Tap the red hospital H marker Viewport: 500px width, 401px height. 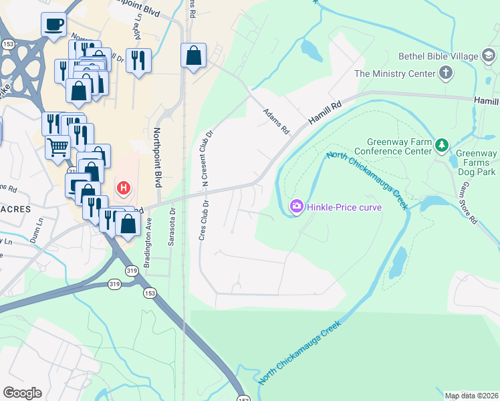click(x=123, y=188)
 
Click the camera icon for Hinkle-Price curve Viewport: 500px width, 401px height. click(x=296, y=207)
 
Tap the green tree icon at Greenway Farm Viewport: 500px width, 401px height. click(x=441, y=145)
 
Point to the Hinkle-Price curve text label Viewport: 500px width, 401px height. click(x=344, y=207)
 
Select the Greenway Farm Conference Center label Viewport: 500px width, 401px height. click(x=400, y=146)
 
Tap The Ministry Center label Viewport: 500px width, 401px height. click(x=395, y=74)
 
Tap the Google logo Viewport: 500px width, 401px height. click(x=21, y=392)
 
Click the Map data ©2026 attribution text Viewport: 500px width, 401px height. click(x=471, y=396)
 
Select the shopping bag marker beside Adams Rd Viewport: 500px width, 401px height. click(x=193, y=56)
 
